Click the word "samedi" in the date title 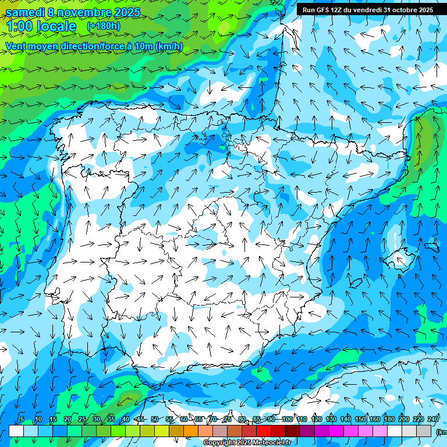pos(24,12)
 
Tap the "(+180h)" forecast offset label pos(104,26)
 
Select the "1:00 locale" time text pos(41,26)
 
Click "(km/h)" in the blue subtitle pos(169,47)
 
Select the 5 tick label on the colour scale pos(22,419)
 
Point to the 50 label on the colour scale pos(154,419)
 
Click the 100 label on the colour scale pos(287,419)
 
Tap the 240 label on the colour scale pos(433,419)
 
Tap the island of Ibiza pos(356,282)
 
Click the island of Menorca pos(432,247)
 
